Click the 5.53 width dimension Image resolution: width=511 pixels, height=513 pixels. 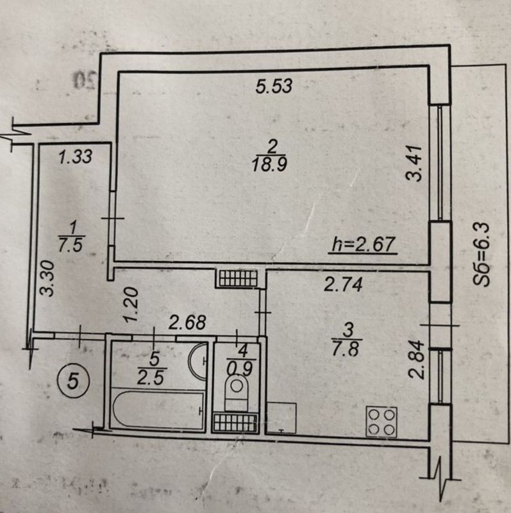click(274, 87)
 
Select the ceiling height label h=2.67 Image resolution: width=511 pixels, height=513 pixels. click(364, 244)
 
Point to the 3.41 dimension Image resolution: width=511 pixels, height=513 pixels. click(414, 164)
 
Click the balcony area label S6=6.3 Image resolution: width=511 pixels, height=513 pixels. click(482, 254)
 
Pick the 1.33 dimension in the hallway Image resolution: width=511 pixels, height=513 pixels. click(76, 156)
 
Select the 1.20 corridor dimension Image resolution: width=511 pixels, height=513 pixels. click(131, 304)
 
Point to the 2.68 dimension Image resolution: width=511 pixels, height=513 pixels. click(187, 323)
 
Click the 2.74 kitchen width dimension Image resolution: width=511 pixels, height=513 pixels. click(343, 284)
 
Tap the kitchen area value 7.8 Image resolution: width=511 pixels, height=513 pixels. click(346, 348)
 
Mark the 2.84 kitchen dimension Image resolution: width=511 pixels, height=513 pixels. click(417, 359)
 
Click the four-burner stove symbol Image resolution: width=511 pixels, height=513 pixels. click(381, 422)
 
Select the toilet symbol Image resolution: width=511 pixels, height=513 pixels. click(236, 393)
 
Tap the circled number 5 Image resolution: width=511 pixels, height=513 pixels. click(72, 380)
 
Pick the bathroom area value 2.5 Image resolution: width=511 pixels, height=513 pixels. click(151, 379)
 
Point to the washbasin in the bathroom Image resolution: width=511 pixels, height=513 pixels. click(197, 361)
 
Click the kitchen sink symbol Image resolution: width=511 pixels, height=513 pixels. click(281, 419)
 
